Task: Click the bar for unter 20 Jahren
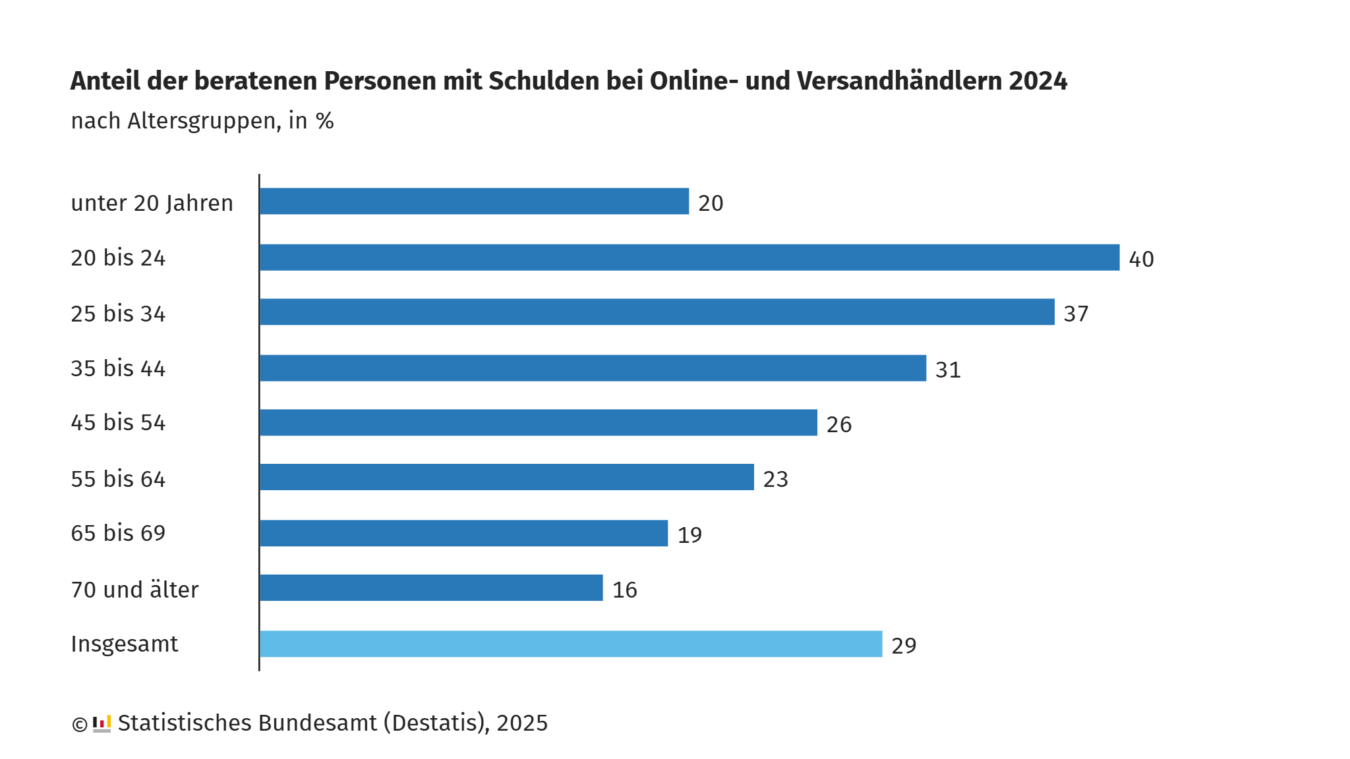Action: point(474,201)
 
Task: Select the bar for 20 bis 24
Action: point(690,258)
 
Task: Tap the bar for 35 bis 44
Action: point(593,368)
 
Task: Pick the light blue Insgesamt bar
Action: point(571,644)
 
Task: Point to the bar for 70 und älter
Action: point(431,588)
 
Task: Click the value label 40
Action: point(1141,260)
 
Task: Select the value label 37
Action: point(1076,314)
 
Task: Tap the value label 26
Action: point(838,425)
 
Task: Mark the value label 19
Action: point(690,535)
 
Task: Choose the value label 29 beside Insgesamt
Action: point(904,646)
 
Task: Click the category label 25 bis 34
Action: point(118,314)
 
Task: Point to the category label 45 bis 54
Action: point(118,422)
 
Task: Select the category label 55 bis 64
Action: point(118,479)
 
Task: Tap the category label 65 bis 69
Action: point(118,533)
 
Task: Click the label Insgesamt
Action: point(124,644)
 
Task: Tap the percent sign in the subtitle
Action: point(324,121)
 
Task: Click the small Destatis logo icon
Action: point(102,723)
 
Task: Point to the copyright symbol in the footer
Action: point(80,725)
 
